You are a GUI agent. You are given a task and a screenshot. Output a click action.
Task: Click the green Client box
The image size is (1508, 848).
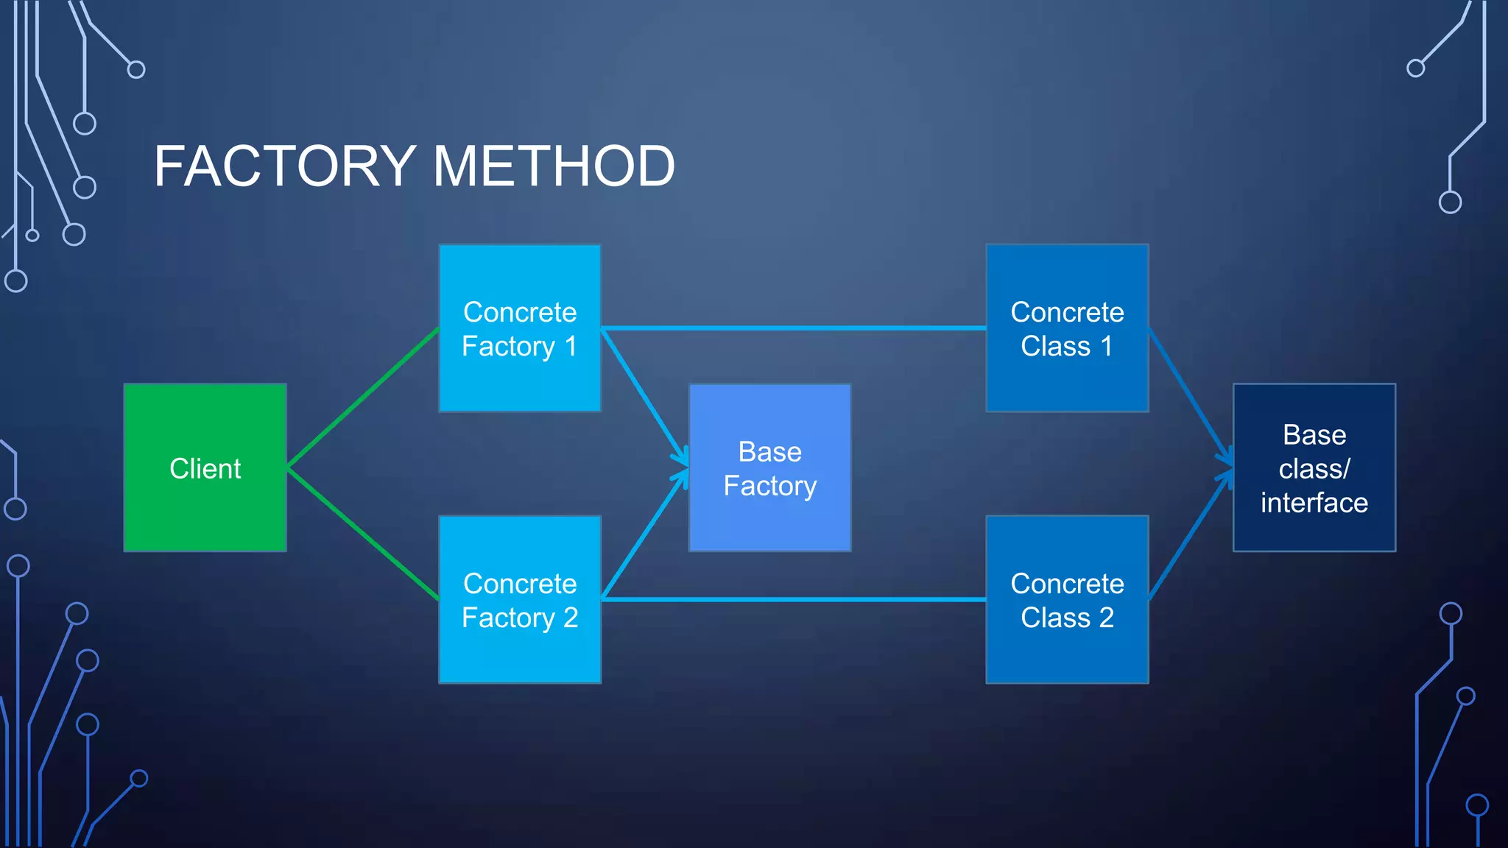[x=205, y=467]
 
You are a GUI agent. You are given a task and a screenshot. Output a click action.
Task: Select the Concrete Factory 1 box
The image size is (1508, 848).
[x=520, y=328]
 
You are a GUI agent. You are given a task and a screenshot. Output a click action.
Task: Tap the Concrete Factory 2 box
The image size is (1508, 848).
[x=520, y=599]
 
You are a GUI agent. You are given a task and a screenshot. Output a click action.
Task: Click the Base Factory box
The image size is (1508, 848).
[x=769, y=467]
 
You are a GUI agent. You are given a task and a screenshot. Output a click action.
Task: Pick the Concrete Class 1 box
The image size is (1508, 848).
[x=1067, y=328]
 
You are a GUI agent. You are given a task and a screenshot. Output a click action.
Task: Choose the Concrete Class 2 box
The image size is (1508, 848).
[x=1067, y=599]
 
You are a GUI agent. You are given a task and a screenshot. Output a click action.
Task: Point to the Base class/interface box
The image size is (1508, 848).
[x=1314, y=467]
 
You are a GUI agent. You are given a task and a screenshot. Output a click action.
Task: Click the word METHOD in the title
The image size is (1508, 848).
[x=554, y=166]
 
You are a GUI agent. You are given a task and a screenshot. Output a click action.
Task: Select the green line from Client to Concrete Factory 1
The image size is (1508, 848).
[x=363, y=397]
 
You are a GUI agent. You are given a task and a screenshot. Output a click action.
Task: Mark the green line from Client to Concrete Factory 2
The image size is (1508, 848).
[x=363, y=534]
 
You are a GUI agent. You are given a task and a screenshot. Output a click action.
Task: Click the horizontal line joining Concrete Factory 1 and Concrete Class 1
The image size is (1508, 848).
[x=794, y=328]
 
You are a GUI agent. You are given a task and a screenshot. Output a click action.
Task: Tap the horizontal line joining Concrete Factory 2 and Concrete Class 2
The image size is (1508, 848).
[x=794, y=599]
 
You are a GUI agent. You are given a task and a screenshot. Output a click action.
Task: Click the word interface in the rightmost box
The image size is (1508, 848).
[x=1314, y=503]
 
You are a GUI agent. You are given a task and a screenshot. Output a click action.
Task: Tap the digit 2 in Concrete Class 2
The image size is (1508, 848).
[x=1106, y=618]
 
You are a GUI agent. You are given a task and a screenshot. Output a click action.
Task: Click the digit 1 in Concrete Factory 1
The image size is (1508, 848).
[x=571, y=346]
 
